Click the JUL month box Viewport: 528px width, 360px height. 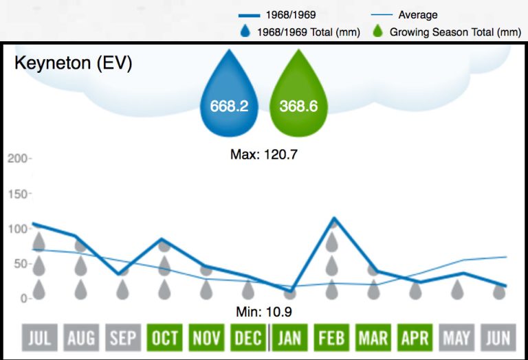point(39,338)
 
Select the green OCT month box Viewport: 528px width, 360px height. point(164,338)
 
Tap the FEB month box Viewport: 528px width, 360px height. point(332,338)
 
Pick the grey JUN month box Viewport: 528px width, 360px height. point(499,338)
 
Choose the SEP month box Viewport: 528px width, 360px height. point(123,338)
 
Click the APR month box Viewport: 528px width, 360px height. point(415,338)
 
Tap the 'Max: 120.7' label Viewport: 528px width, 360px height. point(263,155)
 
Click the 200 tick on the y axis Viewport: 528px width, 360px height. point(19,159)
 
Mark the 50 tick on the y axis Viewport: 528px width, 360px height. point(21,264)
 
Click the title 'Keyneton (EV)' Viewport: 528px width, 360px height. point(74,64)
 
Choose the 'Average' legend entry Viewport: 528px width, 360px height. point(417,14)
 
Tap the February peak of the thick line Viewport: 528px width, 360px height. point(333,219)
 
